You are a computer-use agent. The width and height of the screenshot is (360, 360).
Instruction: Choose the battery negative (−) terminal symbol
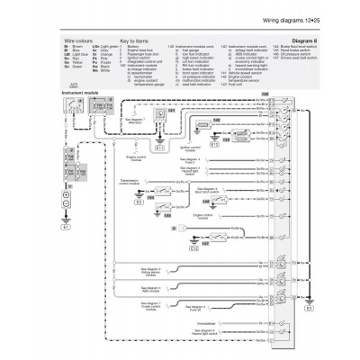pos(64,208)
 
